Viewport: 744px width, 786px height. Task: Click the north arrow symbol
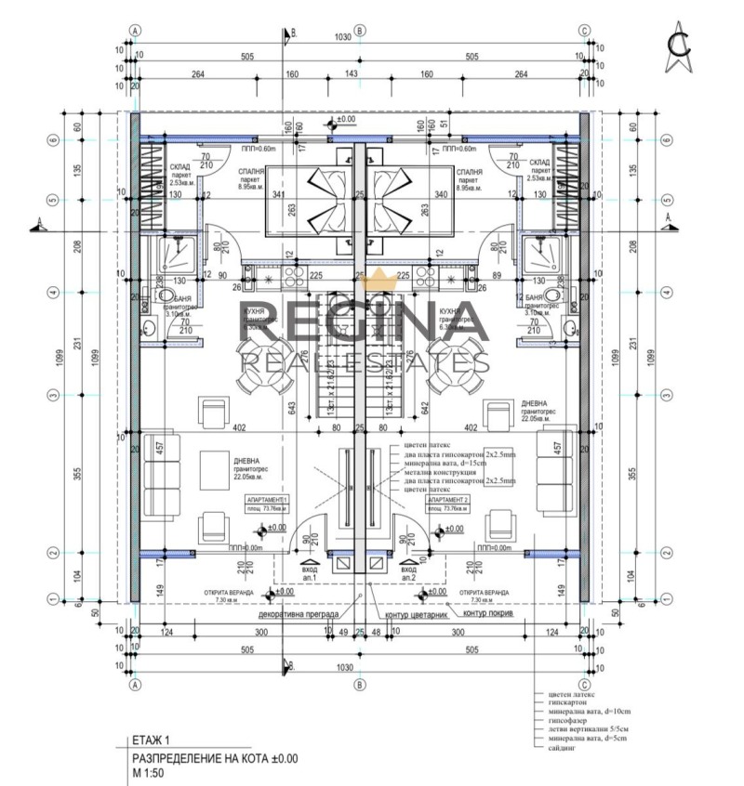point(684,50)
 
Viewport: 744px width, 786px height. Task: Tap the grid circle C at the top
point(584,30)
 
